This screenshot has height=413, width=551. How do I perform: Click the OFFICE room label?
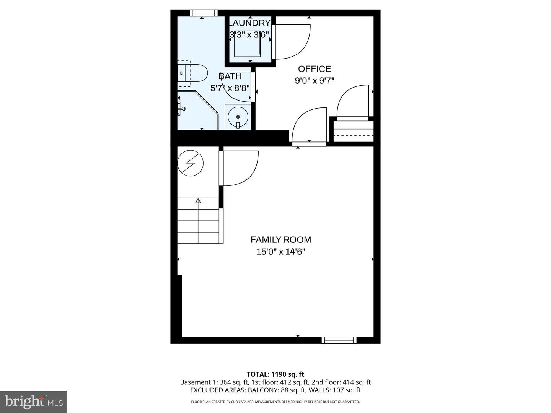[x=315, y=69]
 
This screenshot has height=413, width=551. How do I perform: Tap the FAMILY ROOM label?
[x=281, y=240]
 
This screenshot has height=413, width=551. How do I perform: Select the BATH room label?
[x=230, y=76]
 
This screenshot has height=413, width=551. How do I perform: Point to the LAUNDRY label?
[x=250, y=23]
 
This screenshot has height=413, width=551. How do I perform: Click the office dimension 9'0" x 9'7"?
[x=315, y=81]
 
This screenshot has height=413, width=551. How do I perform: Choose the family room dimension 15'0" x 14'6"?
[x=281, y=252]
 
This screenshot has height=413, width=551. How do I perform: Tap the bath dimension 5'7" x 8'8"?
[x=230, y=88]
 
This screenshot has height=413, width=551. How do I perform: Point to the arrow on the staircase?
[x=198, y=200]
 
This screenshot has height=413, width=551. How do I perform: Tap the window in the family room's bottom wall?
[x=339, y=340]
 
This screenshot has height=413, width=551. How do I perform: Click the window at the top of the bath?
[x=204, y=13]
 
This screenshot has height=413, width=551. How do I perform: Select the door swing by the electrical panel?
[x=239, y=168]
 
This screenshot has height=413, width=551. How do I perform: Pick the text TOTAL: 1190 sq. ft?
[x=275, y=374]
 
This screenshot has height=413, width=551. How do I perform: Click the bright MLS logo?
[x=34, y=402]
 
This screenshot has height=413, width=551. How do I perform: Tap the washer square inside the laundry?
[x=247, y=44]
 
